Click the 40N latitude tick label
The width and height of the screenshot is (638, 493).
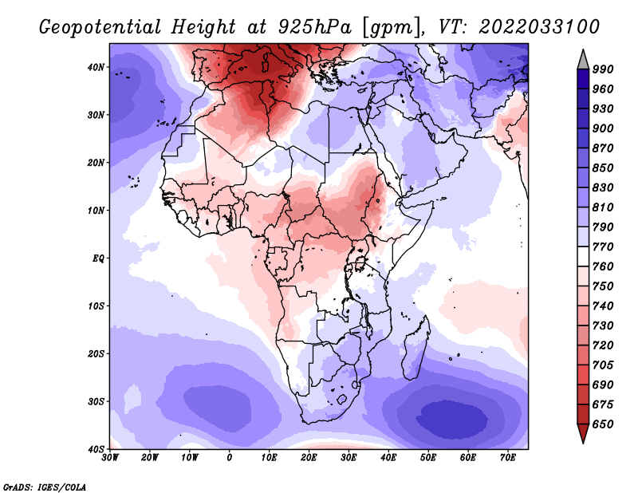click(96, 67)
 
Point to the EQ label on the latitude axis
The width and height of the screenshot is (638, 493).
click(98, 258)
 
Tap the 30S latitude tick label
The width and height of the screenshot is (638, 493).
click(96, 401)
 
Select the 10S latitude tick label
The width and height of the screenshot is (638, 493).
click(96, 306)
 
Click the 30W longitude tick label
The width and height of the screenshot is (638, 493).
click(110, 458)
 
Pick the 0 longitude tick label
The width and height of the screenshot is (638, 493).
click(230, 458)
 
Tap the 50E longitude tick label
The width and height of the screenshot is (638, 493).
click(428, 458)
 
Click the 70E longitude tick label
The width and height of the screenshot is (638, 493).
click(508, 458)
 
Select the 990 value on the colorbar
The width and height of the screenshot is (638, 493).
click(603, 69)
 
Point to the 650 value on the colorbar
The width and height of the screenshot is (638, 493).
click(603, 424)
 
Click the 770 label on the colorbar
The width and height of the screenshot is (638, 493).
click(603, 246)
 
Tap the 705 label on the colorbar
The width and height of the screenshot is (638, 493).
click(603, 365)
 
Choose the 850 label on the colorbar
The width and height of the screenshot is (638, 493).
click(603, 168)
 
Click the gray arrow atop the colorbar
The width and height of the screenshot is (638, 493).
click(583, 60)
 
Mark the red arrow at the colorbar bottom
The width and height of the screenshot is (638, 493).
click(583, 433)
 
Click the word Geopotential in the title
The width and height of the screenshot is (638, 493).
click(100, 27)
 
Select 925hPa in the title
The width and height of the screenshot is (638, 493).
click(314, 27)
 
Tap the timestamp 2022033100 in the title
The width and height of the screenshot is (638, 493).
click(539, 26)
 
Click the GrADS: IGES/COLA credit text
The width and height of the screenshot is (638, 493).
click(45, 487)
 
